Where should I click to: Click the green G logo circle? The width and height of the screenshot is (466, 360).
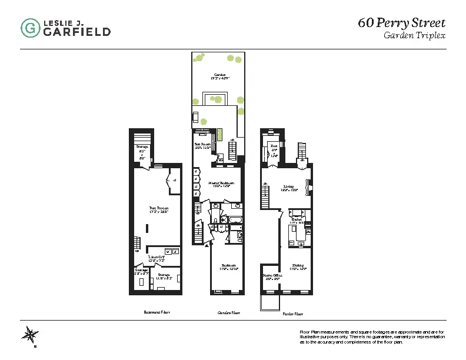point(31,28)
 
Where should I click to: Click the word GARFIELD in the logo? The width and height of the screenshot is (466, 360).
point(76,32)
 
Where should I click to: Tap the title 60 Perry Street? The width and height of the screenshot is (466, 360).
point(401,24)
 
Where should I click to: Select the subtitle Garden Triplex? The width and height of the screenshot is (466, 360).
point(414,36)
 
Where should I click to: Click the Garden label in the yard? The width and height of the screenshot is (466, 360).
point(220,76)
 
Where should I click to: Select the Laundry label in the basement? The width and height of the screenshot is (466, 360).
point(157,258)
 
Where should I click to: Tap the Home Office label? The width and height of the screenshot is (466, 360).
point(271,276)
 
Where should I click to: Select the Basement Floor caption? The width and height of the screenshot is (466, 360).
point(157,313)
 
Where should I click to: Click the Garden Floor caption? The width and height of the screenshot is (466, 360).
point(228,313)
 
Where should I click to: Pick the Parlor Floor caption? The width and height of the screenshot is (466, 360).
point(289,314)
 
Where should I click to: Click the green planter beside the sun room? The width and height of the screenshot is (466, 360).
point(219,134)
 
